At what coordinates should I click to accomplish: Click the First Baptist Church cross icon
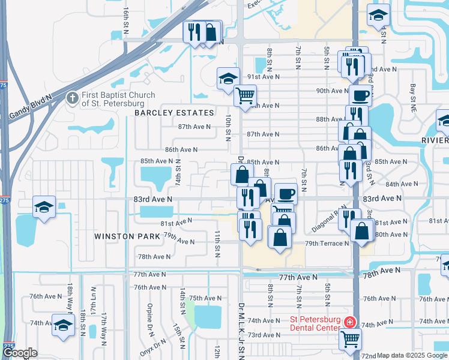coord(72,98)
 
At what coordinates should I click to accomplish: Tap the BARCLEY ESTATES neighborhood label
coord(174,113)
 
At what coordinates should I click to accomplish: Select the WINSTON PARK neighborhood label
coord(127,236)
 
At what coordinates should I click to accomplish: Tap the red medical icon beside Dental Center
coord(349,323)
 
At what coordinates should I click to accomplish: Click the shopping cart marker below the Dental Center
coord(350,339)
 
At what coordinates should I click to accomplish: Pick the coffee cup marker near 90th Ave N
coord(361,95)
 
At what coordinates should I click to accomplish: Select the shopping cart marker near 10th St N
coord(245,95)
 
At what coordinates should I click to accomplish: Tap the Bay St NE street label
coord(413,93)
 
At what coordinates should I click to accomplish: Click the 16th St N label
coord(126,19)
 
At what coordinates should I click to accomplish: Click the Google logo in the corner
coord(20,353)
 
